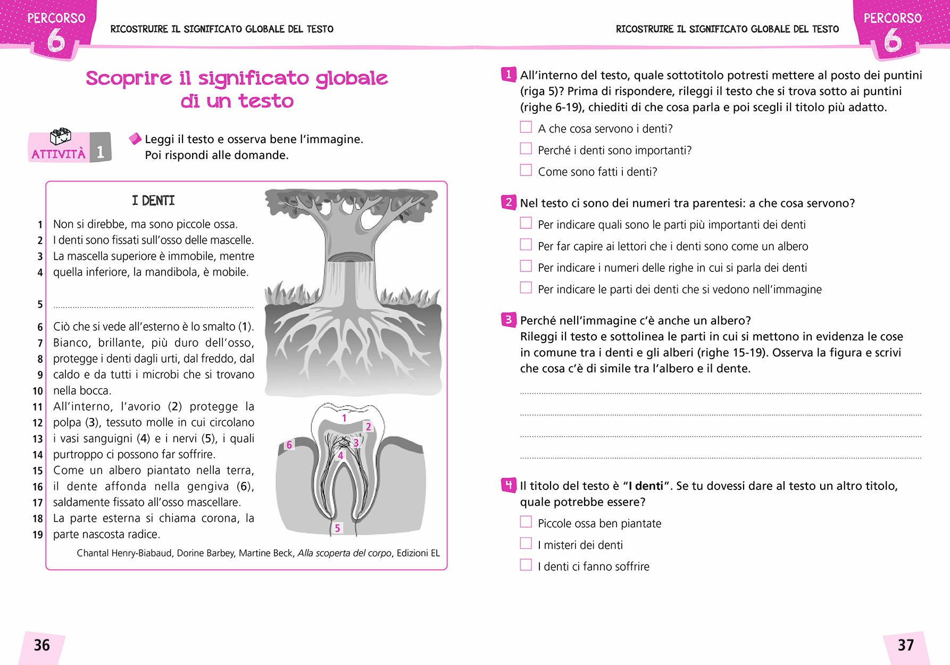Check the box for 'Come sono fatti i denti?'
pyautogui.click(x=526, y=170)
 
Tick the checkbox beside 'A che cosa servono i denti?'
pyautogui.click(x=526, y=127)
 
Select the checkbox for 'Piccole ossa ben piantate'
pyautogui.click(x=526, y=522)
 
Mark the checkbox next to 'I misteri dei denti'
pyautogui.click(x=526, y=543)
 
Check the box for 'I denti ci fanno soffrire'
pyautogui.click(x=526, y=565)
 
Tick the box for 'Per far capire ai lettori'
pyautogui.click(x=526, y=245)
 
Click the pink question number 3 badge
pyautogui.click(x=509, y=320)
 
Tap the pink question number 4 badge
pyautogui.click(x=509, y=485)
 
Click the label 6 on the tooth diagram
pyautogui.click(x=289, y=445)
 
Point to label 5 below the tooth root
pyautogui.click(x=337, y=528)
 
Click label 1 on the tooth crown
pyautogui.click(x=344, y=418)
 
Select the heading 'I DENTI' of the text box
pyautogui.click(x=153, y=201)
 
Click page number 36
pyautogui.click(x=42, y=645)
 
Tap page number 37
pyautogui.click(x=905, y=645)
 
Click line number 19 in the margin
pyautogui.click(x=38, y=535)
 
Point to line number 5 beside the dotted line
pyautogui.click(x=40, y=304)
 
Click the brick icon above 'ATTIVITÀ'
pyautogui.click(x=60, y=137)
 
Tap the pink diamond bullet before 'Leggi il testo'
pyautogui.click(x=135, y=139)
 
